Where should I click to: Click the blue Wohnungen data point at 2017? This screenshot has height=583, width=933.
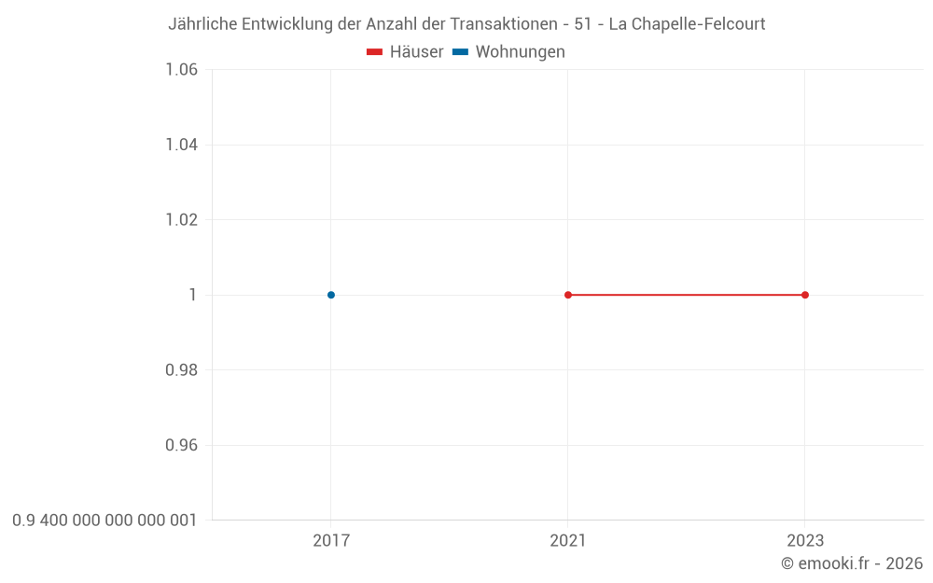[x=331, y=295]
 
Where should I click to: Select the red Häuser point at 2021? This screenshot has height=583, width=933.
[x=568, y=295]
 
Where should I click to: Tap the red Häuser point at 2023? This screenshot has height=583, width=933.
[x=805, y=295]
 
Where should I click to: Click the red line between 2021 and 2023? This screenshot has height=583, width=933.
[x=687, y=295]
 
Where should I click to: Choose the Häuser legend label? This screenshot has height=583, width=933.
[x=416, y=52]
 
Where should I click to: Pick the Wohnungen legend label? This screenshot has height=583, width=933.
[x=520, y=52]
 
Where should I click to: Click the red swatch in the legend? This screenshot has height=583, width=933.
[x=375, y=52]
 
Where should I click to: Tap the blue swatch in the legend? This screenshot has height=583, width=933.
[x=460, y=52]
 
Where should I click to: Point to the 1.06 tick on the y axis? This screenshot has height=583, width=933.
[x=181, y=70]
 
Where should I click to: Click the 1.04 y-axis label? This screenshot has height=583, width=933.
[x=181, y=145]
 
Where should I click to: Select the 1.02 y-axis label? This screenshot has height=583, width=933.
[x=181, y=220]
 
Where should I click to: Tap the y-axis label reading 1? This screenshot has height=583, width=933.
[x=193, y=295]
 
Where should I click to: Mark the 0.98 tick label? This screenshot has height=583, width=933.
[x=181, y=370]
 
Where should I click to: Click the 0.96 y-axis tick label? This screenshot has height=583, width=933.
[x=181, y=445]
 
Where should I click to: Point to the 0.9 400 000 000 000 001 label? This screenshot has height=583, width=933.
[x=104, y=521]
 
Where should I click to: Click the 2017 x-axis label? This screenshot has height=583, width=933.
[x=331, y=541]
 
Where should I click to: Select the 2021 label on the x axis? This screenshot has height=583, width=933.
[x=568, y=541]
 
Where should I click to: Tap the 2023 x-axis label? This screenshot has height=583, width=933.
[x=805, y=541]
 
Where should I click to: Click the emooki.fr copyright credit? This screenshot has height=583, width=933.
[x=852, y=563]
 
